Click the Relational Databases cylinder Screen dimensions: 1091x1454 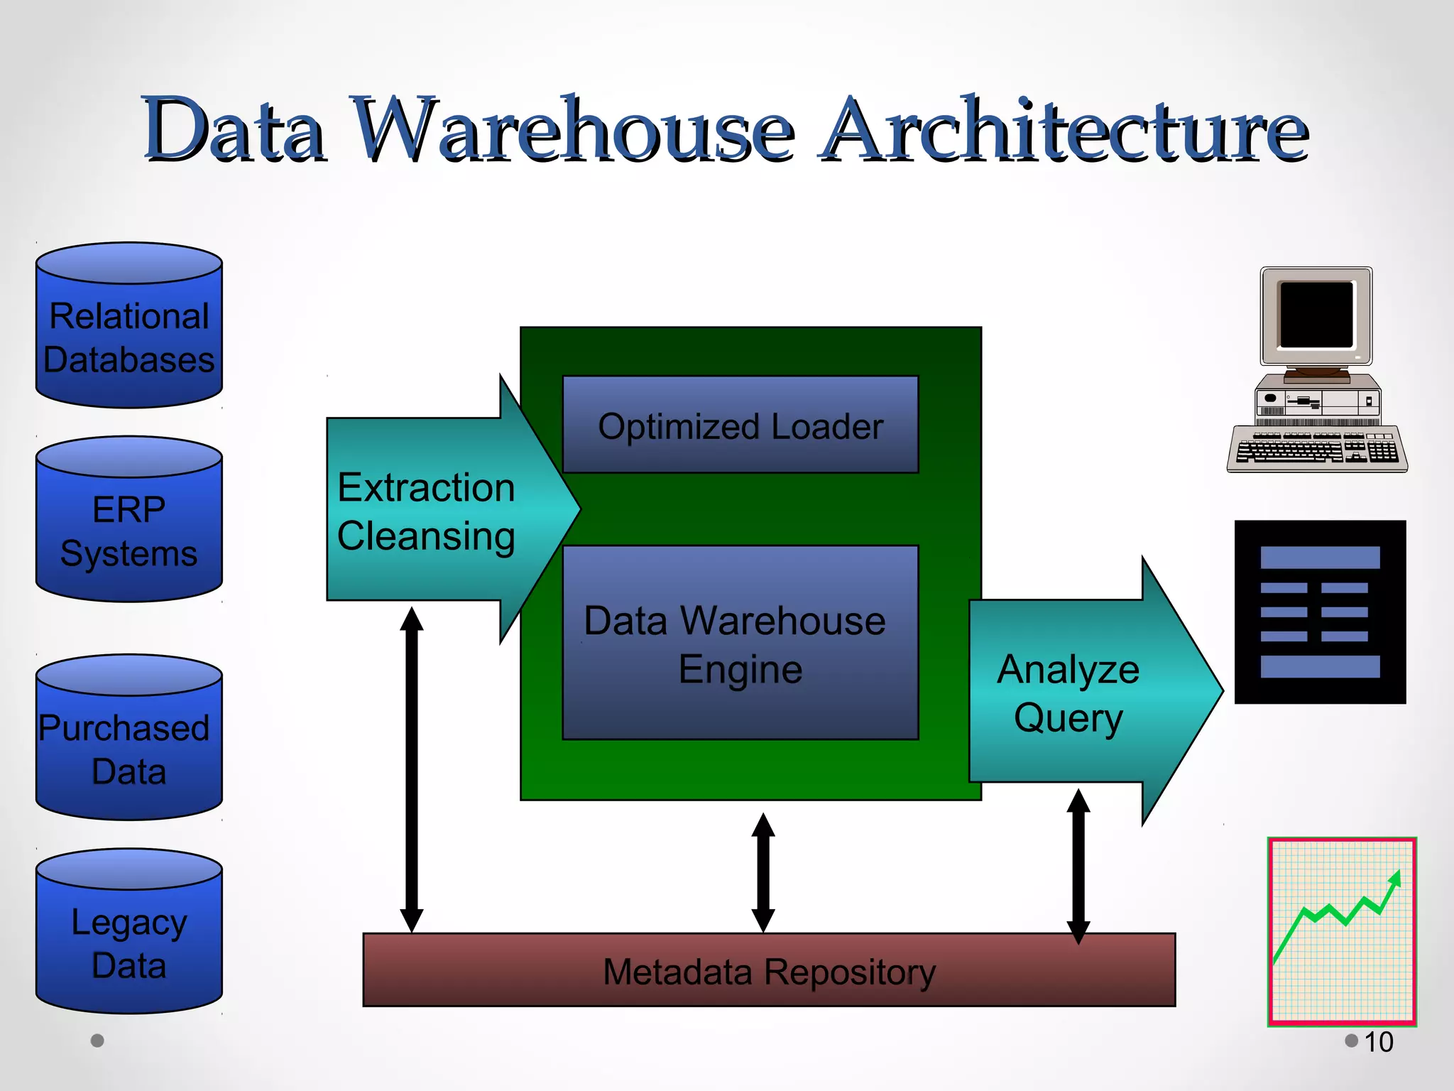(x=129, y=334)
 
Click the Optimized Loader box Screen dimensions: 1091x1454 (x=740, y=425)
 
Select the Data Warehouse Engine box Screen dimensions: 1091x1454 (x=740, y=644)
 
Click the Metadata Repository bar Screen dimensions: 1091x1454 (x=769, y=971)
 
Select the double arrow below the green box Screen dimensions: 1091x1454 (x=763, y=872)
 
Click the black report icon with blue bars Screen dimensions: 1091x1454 (x=1320, y=612)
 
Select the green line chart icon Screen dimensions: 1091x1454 (x=1342, y=931)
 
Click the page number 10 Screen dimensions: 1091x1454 (x=1378, y=1042)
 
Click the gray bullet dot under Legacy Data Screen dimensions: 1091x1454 (x=98, y=1041)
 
